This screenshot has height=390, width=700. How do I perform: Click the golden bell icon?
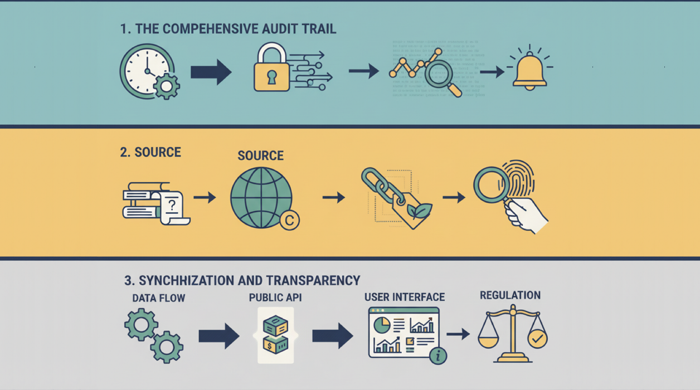[x=529, y=71]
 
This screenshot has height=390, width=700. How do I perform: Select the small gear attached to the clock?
[x=166, y=87]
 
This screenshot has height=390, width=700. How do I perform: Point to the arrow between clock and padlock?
[x=210, y=72]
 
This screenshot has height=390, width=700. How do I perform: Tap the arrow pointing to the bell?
[x=491, y=72]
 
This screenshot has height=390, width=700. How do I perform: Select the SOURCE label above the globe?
[x=260, y=155]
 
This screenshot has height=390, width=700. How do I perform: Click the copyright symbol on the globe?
[x=289, y=220]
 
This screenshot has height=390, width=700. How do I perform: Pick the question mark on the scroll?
[x=172, y=205]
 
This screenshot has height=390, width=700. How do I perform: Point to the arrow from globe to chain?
[x=333, y=197]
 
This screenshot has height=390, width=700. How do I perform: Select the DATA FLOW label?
[x=158, y=298]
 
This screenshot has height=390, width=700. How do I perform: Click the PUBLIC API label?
[x=275, y=298]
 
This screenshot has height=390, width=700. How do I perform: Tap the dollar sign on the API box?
[x=270, y=347]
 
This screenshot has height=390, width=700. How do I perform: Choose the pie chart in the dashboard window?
[x=382, y=324]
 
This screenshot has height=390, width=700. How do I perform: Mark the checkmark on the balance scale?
[x=537, y=338]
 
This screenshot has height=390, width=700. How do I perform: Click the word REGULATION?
[x=510, y=295]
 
